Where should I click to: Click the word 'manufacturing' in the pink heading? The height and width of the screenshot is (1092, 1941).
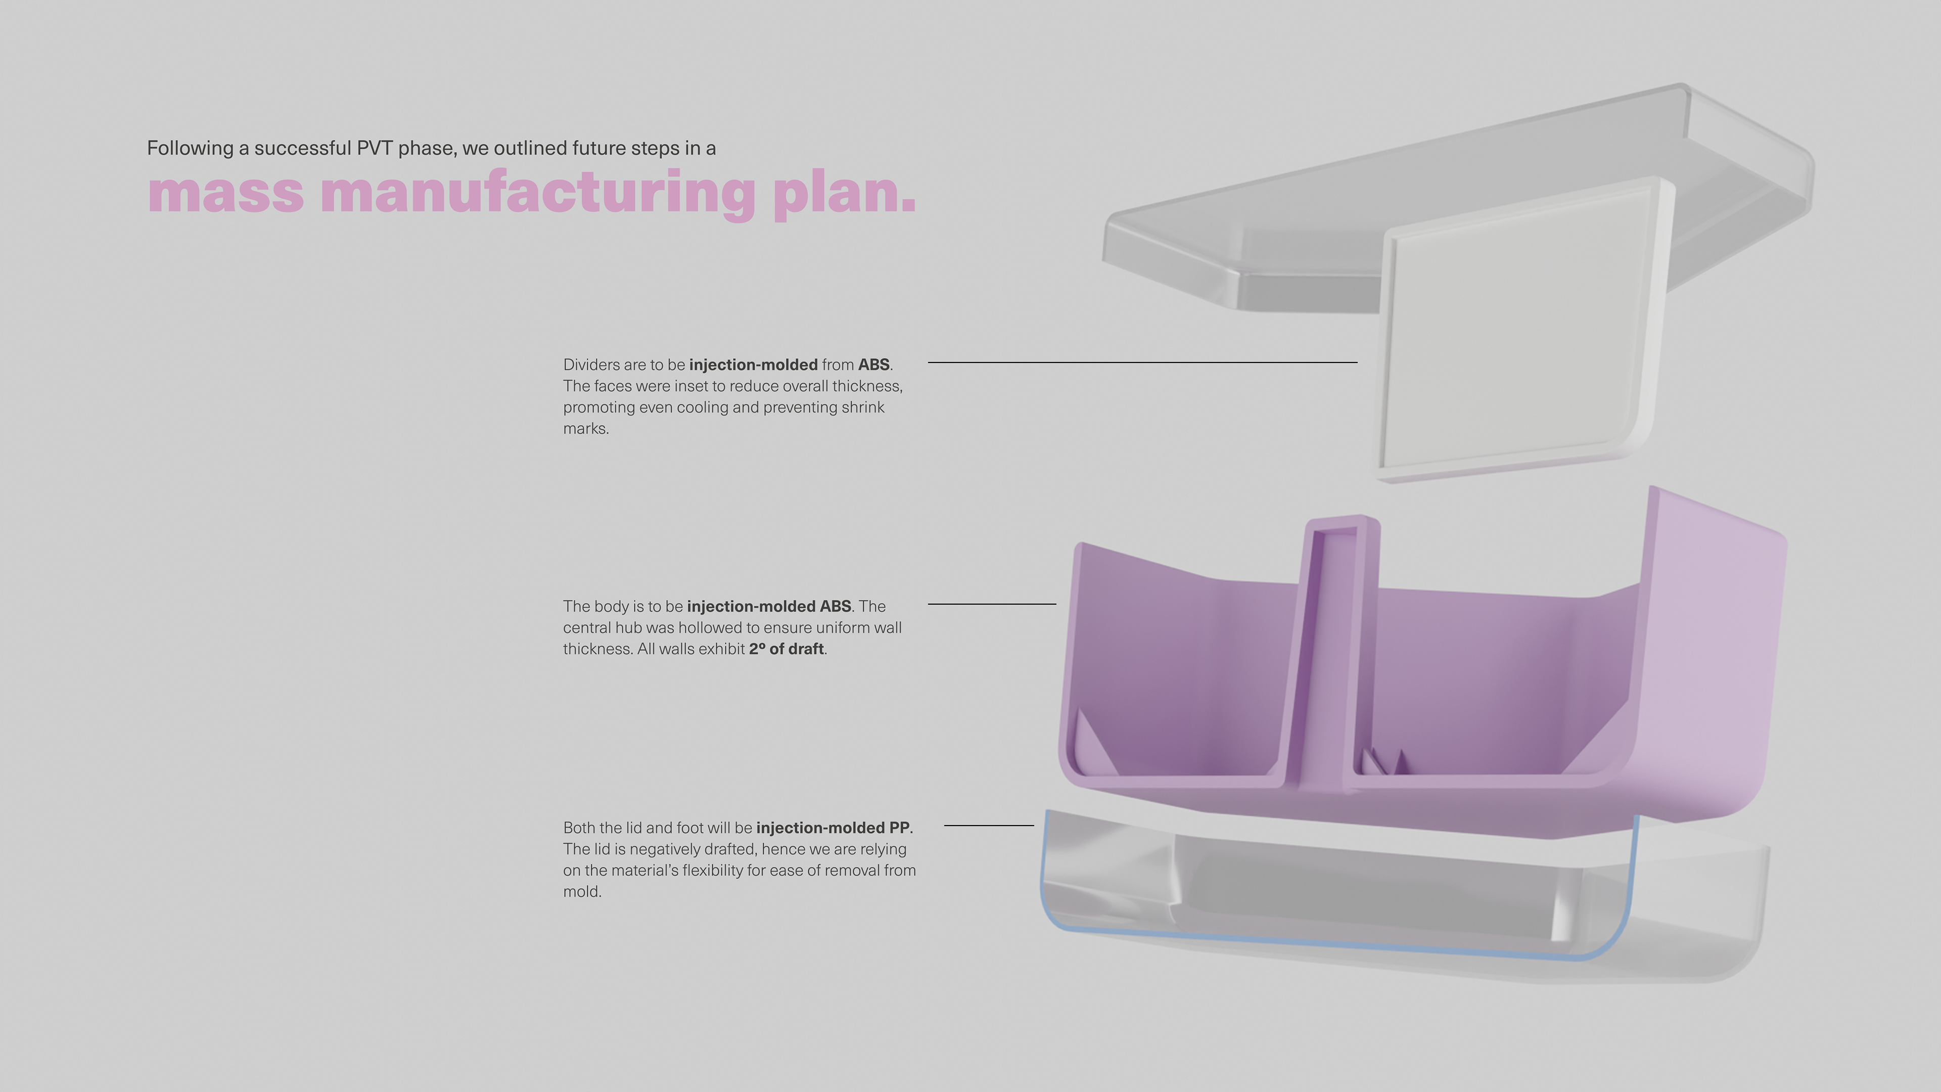coord(537,194)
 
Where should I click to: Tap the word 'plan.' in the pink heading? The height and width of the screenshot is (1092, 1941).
coord(844,194)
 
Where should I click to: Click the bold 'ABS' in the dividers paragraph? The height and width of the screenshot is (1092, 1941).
coord(873,365)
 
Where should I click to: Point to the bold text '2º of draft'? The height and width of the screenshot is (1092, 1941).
coord(786,649)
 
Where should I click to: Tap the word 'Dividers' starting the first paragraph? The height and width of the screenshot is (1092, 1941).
coord(591,365)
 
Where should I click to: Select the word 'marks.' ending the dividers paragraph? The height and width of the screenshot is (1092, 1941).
coord(585,429)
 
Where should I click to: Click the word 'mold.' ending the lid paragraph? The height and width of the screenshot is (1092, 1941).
coord(582,891)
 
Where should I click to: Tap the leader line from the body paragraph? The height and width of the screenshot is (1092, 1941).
coord(992,604)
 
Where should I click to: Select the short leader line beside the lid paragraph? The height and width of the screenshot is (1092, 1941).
coord(989,825)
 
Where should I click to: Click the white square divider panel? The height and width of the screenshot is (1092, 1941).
coord(1514,332)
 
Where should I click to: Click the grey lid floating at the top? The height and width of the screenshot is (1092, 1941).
coord(1281,226)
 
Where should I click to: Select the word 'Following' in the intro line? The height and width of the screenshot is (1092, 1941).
coord(190,149)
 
